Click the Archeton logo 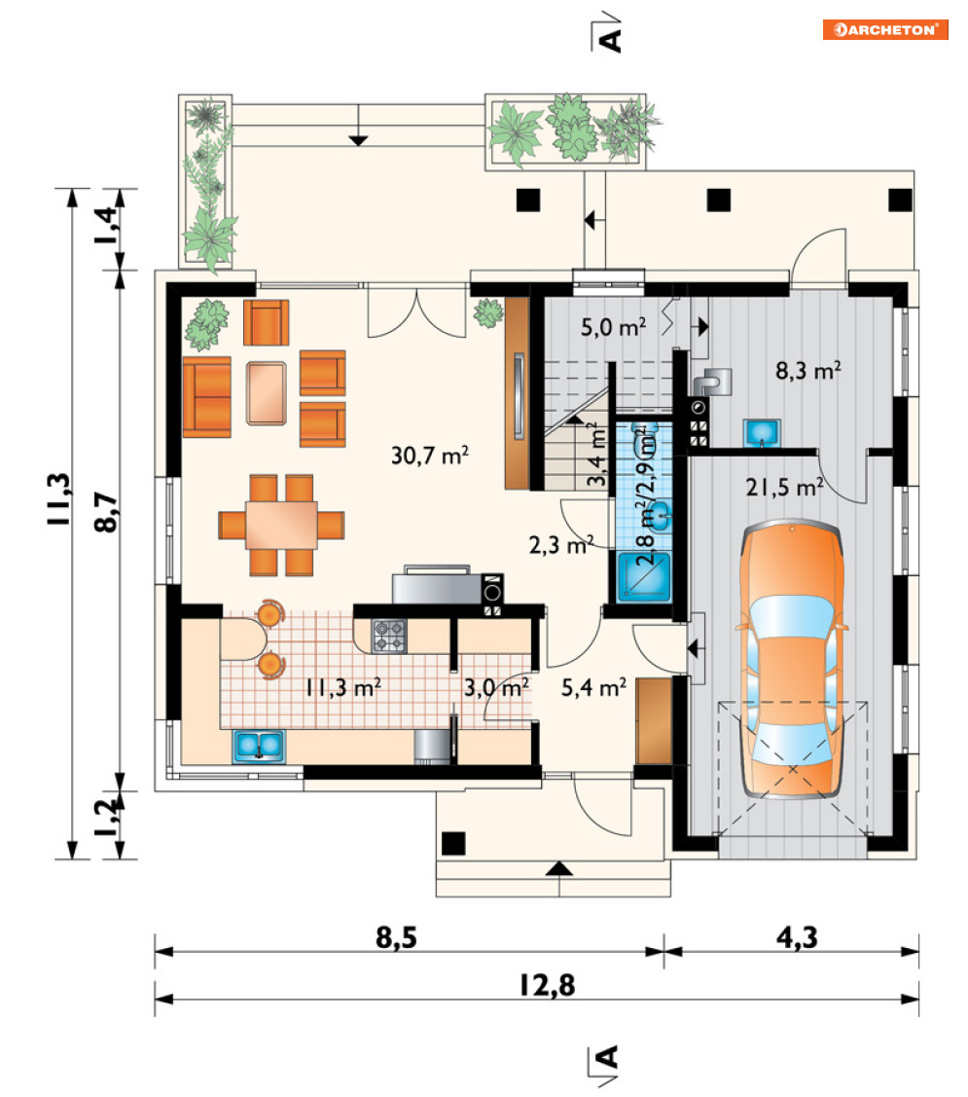coord(884,29)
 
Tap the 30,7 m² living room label coord(429,456)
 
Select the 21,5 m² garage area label coord(784,487)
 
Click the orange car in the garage coord(792,659)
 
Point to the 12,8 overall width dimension coord(547,985)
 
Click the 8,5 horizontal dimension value coord(396,937)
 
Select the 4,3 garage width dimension coord(797,937)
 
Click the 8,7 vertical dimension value coord(106,512)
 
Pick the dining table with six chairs coord(281,525)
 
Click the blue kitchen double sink coord(259,747)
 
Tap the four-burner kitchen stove coord(389,636)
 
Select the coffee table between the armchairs coord(266,392)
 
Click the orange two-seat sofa coord(207,397)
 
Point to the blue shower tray coord(643,577)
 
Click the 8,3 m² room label coord(807,370)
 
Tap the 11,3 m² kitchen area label coord(342,687)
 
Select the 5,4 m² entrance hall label coord(593,688)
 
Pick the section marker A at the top coord(607,33)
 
